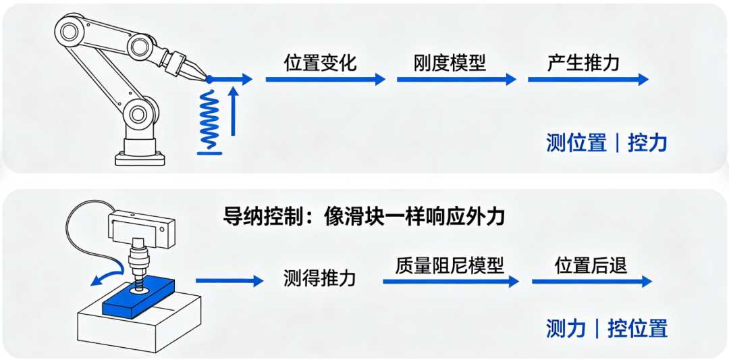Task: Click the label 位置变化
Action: coord(321,63)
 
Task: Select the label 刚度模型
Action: coord(450,63)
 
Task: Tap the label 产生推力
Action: coord(583,63)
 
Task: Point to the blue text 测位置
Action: coord(576,143)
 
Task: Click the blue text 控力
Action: coord(647,143)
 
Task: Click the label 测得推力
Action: coord(320,278)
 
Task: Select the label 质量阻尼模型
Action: coord(450,266)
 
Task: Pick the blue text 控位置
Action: coord(637,329)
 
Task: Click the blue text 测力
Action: coord(566,329)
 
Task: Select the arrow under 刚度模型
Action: coord(456,79)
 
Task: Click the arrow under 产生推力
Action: coord(588,79)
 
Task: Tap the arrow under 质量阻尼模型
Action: coord(450,281)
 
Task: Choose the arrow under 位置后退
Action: coord(593,281)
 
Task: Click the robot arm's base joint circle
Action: coord(140,113)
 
